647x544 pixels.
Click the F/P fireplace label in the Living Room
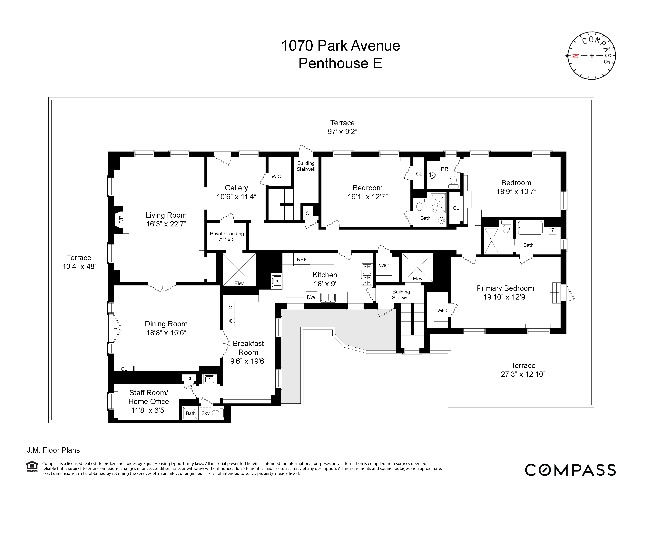(121, 220)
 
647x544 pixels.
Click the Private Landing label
(227, 234)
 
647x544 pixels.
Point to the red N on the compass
(575, 56)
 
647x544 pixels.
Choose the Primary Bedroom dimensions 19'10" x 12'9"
(505, 297)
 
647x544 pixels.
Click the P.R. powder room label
(445, 169)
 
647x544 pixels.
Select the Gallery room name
(236, 188)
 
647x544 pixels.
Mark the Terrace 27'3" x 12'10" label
(523, 370)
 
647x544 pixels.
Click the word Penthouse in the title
(333, 64)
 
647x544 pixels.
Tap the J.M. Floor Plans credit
(53, 450)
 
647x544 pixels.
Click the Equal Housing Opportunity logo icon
(32, 467)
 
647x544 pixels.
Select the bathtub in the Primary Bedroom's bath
(530, 228)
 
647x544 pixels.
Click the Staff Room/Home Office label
(149, 397)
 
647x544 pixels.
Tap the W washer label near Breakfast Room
(230, 321)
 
